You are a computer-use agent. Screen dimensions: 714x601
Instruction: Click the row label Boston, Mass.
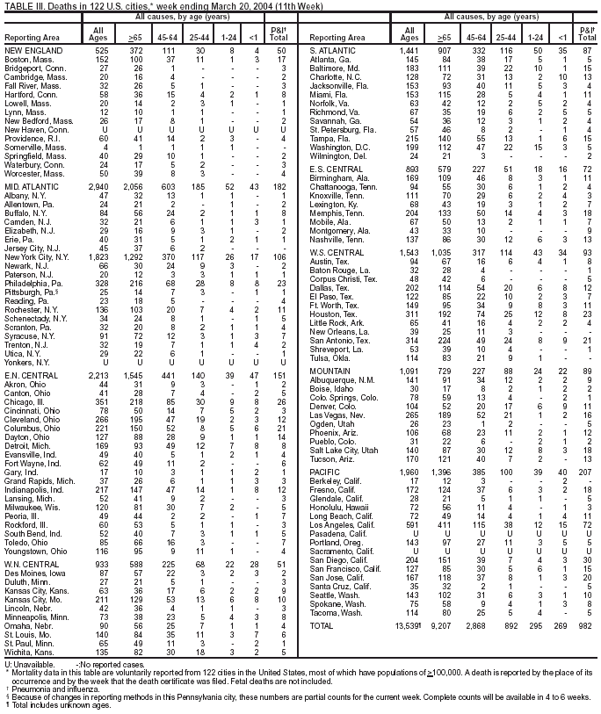(25, 59)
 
